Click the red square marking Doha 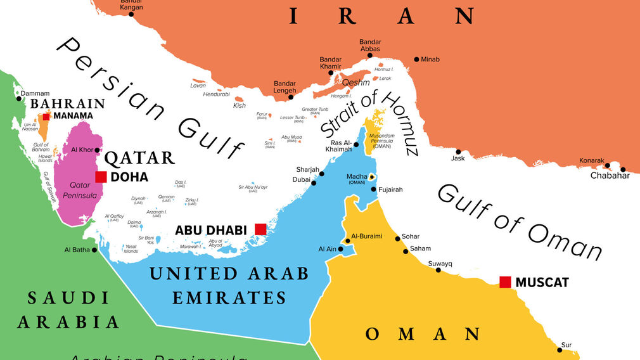[101, 177]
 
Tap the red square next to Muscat [505, 282]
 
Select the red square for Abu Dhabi [260, 229]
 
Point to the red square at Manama [46, 116]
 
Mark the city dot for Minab [416, 60]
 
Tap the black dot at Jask [458, 151]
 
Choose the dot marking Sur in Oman [560, 349]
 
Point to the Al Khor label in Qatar [81, 150]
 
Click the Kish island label [239, 105]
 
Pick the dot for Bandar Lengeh [291, 96]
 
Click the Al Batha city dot [95, 250]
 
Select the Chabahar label [610, 176]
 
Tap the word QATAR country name [139, 158]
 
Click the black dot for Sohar [397, 238]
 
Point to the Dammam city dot [18, 98]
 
